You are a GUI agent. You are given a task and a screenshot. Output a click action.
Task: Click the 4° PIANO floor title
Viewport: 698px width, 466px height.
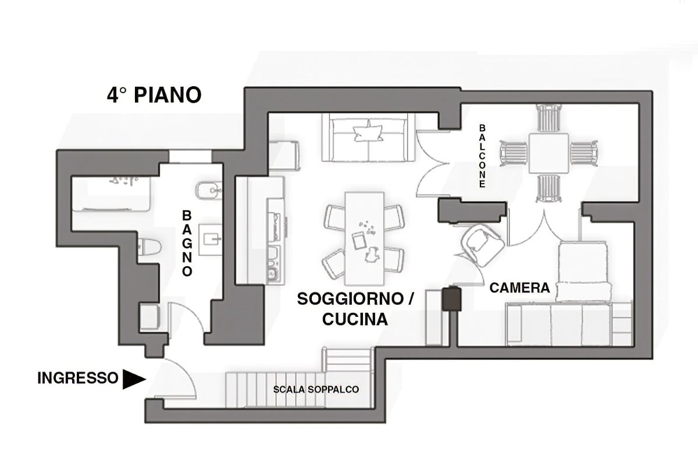point(154,95)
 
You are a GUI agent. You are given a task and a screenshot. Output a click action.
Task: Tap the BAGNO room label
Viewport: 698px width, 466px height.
point(187,243)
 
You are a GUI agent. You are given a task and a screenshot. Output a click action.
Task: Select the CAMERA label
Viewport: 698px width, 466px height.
point(519,288)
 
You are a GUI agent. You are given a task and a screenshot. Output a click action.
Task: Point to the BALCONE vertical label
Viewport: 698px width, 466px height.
point(482,156)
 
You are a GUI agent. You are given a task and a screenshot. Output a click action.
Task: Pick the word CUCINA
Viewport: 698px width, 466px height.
point(355,319)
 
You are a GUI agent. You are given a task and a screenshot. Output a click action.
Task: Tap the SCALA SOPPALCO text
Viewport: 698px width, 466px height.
point(316,390)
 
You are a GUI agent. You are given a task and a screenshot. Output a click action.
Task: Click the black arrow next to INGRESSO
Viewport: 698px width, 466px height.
point(134,379)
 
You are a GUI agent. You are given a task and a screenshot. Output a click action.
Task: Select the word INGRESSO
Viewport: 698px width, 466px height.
point(78,378)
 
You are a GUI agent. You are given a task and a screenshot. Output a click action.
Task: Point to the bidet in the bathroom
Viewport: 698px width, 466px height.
point(209,190)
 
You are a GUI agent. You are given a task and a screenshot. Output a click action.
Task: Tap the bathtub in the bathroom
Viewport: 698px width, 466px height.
point(111,194)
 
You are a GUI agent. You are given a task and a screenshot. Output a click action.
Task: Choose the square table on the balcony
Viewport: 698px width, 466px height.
point(549,153)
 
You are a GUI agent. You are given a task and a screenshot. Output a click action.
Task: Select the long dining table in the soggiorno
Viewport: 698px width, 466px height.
point(364,238)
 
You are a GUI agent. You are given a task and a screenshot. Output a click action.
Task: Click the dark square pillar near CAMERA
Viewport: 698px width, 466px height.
point(451,298)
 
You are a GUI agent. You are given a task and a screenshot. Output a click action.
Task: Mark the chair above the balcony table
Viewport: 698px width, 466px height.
point(549,118)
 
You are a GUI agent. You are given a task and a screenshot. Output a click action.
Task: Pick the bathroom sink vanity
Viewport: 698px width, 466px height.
point(211,240)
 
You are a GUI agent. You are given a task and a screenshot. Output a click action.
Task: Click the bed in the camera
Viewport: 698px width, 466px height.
point(582,271)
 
